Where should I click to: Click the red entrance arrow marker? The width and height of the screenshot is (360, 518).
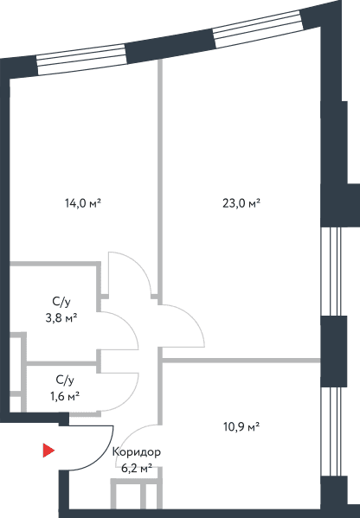[x=48, y=451]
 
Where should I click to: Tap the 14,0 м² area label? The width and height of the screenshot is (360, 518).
[x=83, y=203]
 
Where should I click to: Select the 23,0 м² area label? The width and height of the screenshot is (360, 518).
[x=241, y=203]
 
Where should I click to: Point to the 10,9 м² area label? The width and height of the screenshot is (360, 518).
[x=241, y=426]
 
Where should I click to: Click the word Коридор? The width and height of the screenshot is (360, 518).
[x=137, y=451]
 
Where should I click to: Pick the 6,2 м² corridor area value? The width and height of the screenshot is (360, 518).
[x=137, y=468]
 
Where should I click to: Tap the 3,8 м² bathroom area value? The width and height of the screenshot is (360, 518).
[x=61, y=318]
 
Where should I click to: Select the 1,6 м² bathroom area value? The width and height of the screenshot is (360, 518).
[x=65, y=395]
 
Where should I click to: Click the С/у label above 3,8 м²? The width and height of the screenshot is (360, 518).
[x=61, y=302]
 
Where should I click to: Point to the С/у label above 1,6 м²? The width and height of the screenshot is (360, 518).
[x=65, y=380]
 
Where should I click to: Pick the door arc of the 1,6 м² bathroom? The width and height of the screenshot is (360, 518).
[x=131, y=398]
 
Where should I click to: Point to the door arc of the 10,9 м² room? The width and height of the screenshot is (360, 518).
[x=130, y=436]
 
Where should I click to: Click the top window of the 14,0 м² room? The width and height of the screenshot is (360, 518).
[x=81, y=60]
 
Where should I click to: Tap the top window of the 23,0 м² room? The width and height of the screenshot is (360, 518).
[x=258, y=29]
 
